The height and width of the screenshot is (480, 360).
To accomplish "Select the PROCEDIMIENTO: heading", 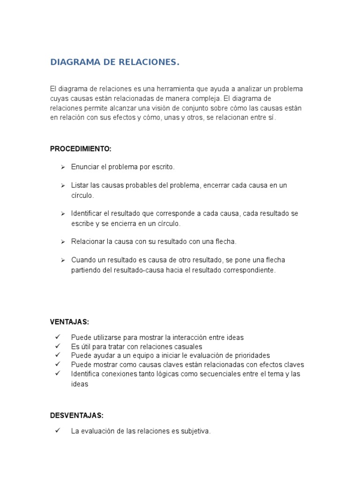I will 81,149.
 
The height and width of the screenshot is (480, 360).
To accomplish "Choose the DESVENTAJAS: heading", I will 77,415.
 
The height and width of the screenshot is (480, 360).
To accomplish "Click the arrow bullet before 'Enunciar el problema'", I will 62,167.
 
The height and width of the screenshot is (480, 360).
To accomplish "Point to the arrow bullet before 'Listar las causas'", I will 62,186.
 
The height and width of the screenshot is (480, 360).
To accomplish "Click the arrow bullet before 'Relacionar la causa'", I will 62,241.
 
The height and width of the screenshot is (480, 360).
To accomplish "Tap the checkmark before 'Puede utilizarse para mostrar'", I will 58,337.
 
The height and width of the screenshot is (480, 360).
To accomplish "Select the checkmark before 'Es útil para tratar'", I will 58,346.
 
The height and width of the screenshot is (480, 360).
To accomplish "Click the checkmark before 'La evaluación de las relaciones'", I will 58,431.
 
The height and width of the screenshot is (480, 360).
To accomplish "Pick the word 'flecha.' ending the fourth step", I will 226,241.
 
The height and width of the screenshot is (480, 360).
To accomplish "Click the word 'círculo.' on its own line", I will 82,195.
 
